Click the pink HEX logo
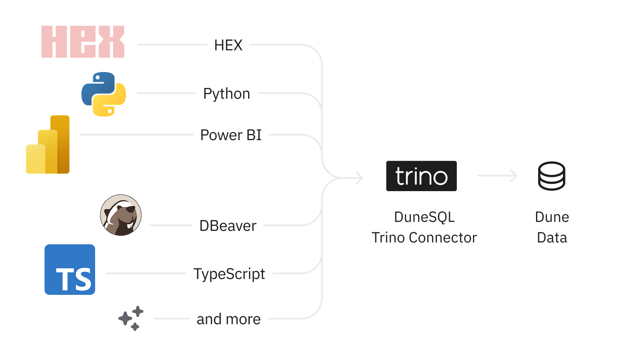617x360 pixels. [83, 42]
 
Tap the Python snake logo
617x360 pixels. [104, 94]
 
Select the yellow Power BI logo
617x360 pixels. [48, 145]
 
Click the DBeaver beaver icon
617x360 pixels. [121, 215]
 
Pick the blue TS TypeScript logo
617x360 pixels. [70, 270]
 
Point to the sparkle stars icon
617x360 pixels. [131, 318]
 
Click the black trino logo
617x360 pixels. [421, 176]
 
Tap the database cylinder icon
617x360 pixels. [552, 176]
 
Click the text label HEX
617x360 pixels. [228, 45]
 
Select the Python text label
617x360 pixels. [226, 94]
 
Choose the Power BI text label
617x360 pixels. [231, 135]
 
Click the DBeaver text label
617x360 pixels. [228, 226]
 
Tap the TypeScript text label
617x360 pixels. [229, 274]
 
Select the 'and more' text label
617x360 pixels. [228, 319]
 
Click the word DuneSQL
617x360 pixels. [424, 217]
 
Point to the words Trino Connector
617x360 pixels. [424, 237]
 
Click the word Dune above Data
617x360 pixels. [552, 217]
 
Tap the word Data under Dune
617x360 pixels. [552, 237]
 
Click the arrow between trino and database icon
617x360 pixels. [497, 176]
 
